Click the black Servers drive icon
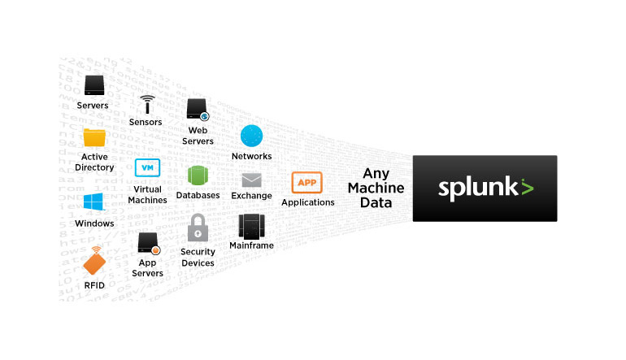(94, 85)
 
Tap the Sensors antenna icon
(146, 104)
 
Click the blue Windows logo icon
(93, 202)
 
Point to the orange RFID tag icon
(95, 262)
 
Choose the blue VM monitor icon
(147, 167)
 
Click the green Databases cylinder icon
(199, 176)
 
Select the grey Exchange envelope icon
(251, 180)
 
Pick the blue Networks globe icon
(251, 137)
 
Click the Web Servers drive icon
(198, 110)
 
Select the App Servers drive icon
(147, 243)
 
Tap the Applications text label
(308, 202)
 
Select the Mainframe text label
(251, 245)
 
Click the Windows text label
(94, 223)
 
